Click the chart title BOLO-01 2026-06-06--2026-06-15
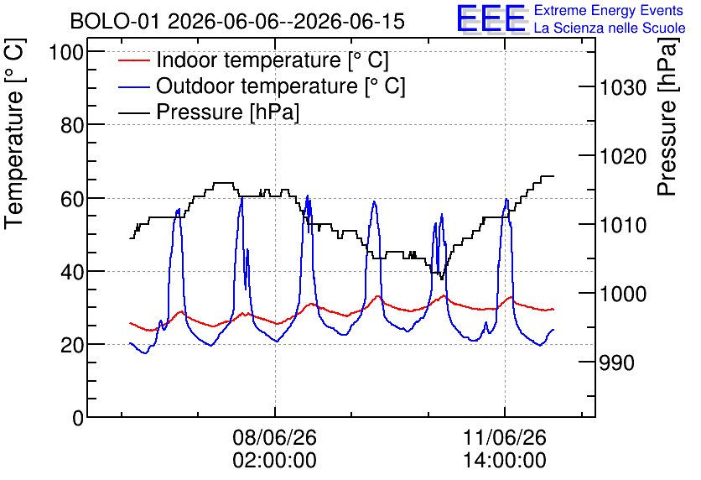[237, 21]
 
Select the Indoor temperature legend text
[273, 60]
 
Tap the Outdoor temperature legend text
[281, 86]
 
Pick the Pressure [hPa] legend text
[227, 112]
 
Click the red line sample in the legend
[133, 60]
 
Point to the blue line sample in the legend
[133, 86]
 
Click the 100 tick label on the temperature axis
[66, 52]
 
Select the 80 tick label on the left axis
[72, 125]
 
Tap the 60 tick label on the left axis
[72, 199]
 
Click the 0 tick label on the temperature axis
[78, 418]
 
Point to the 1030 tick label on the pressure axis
[623, 87]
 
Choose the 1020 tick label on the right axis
[623, 157]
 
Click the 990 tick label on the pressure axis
[616, 363]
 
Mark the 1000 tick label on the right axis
[623, 294]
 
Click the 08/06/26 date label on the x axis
[274, 437]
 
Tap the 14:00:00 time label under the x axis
[505, 461]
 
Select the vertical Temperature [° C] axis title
[15, 134]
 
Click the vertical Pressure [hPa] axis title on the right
[667, 117]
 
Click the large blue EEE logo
[491, 18]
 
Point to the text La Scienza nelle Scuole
[610, 28]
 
